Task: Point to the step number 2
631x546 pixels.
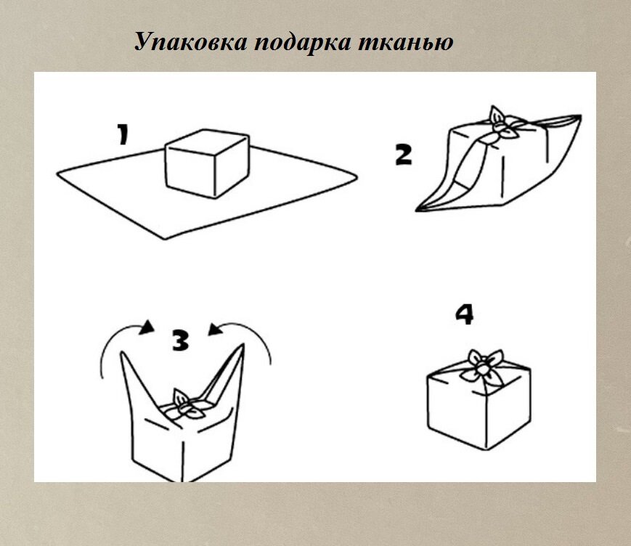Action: coord(404,154)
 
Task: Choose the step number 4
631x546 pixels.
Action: coord(464,314)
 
